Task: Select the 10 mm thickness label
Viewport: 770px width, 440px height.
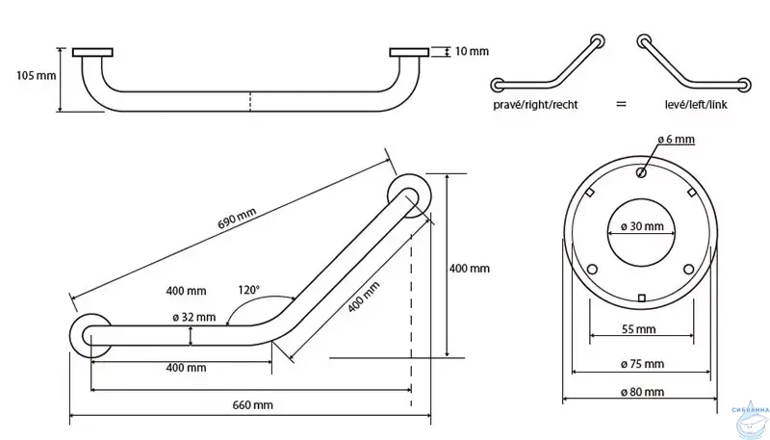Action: pyautogui.click(x=470, y=51)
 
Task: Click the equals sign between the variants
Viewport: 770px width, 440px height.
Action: pyautogui.click(x=621, y=102)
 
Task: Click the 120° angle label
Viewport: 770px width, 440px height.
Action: pyautogui.click(x=249, y=288)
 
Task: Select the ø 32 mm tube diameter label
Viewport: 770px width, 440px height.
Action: pyautogui.click(x=199, y=317)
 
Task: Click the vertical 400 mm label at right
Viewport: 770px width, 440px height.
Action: pyautogui.click(x=470, y=269)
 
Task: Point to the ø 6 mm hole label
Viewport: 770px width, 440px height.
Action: pyautogui.click(x=676, y=140)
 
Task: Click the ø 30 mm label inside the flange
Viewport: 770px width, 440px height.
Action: pyautogui.click(x=641, y=226)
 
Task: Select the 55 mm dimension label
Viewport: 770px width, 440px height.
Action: pyautogui.click(x=639, y=329)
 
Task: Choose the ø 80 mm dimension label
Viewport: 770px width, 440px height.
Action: pyautogui.click(x=641, y=392)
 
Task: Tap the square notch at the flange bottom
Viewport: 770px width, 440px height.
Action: pyautogui.click(x=641, y=296)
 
